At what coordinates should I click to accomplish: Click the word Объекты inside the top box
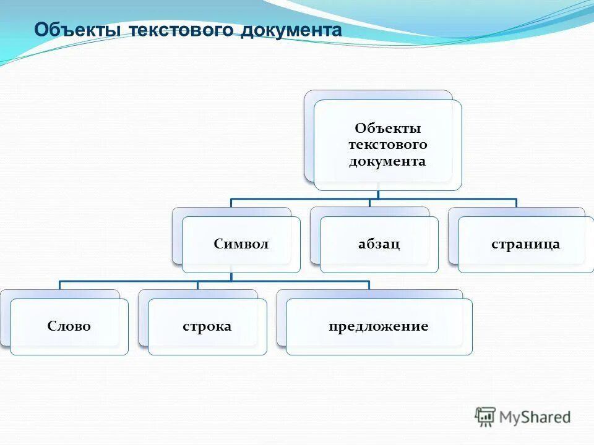pyautogui.click(x=388, y=128)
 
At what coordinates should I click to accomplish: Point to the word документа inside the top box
pyautogui.click(x=388, y=161)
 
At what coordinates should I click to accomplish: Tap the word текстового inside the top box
pyautogui.click(x=388, y=145)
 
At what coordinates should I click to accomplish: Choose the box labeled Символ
pyautogui.click(x=241, y=244)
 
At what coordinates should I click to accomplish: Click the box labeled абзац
pyautogui.click(x=379, y=244)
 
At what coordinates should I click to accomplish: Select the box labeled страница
pyautogui.click(x=525, y=244)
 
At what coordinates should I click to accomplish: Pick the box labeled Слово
pyautogui.click(x=69, y=326)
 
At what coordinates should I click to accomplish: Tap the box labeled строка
pyautogui.click(x=207, y=326)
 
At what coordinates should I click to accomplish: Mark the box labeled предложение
pyautogui.click(x=379, y=326)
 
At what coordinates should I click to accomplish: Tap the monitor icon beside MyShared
pyautogui.click(x=485, y=416)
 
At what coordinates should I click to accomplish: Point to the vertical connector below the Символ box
pyautogui.click(x=231, y=277)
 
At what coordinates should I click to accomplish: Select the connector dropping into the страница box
pyautogui.click(x=516, y=203)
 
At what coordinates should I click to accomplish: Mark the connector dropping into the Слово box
pyautogui.click(x=60, y=285)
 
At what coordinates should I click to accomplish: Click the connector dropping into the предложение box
pyautogui.click(x=369, y=285)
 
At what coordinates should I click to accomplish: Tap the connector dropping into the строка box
pyautogui.click(x=198, y=285)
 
